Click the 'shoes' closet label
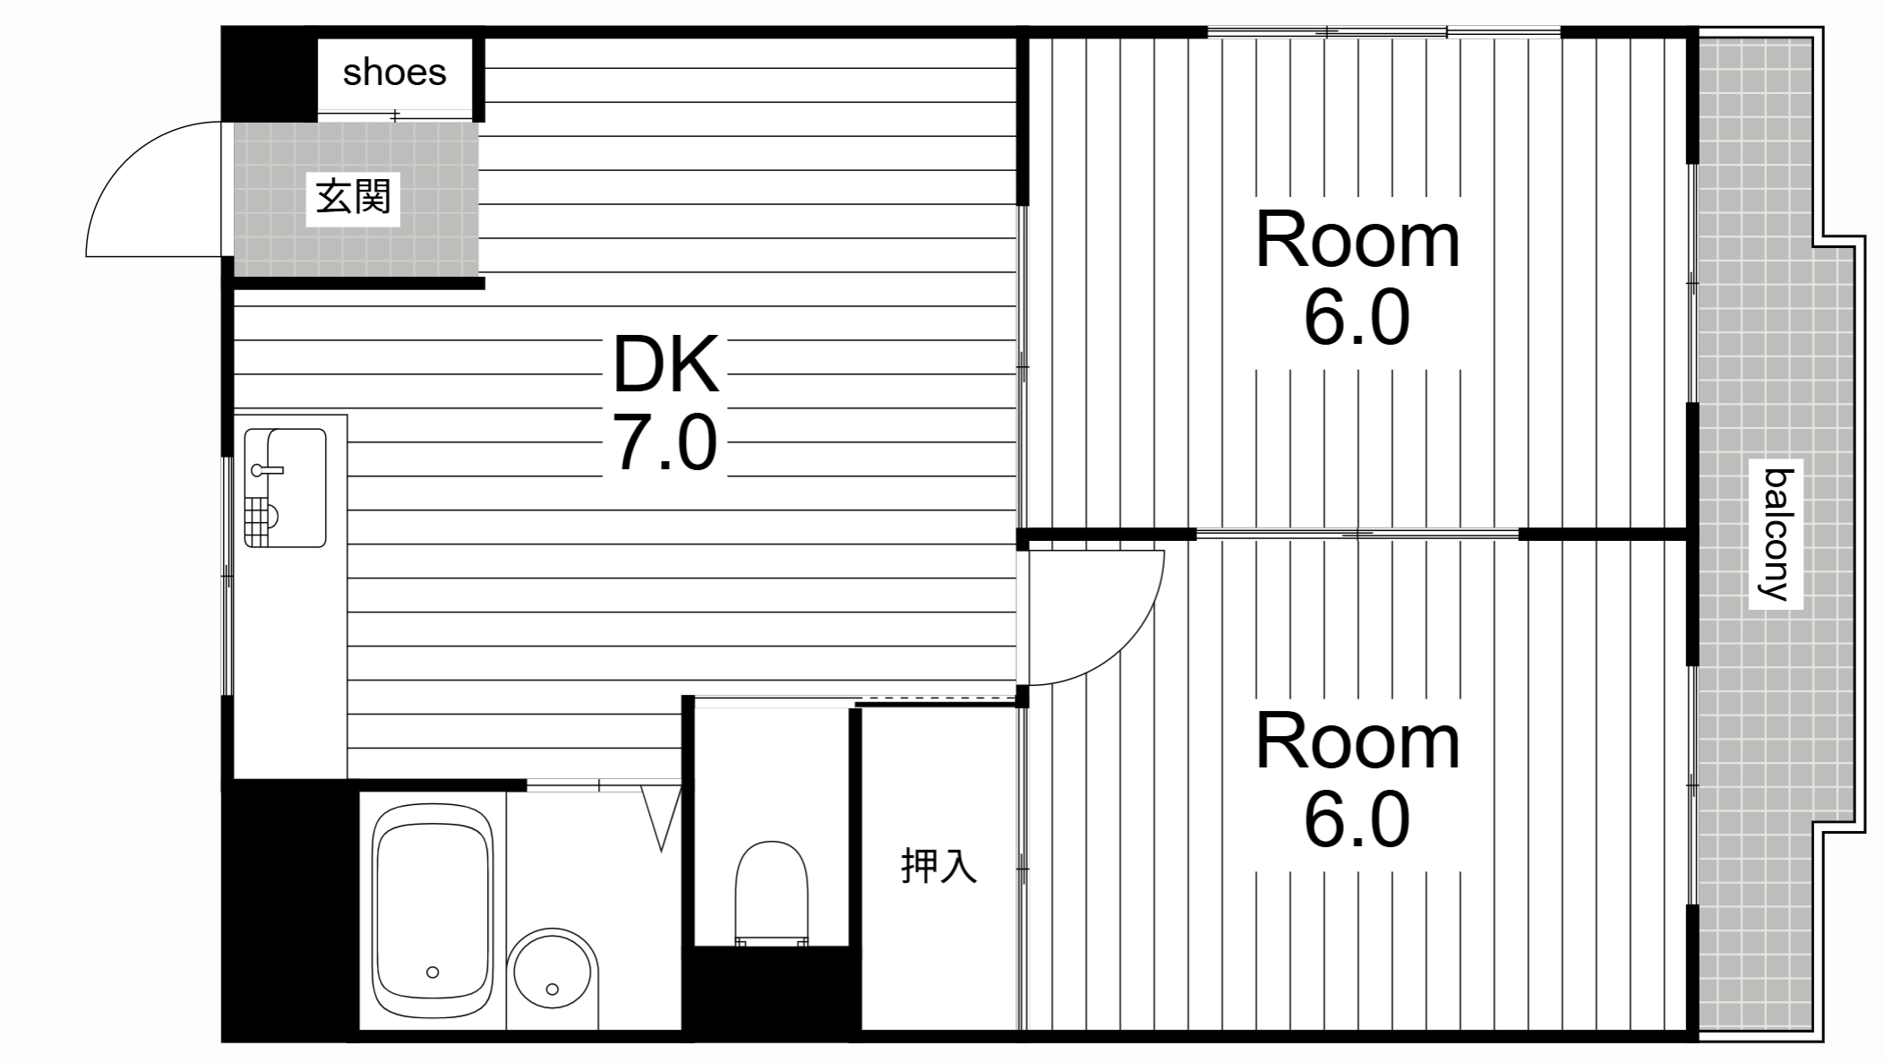(394, 73)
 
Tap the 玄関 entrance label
(353, 197)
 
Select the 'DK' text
(665, 364)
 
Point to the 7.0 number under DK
(665, 443)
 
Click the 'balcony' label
(1776, 535)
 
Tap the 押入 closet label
(938, 866)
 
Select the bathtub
(432, 910)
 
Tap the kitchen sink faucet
(266, 469)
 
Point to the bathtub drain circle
(432, 972)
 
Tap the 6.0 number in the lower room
(1357, 820)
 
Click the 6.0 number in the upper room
(1357, 319)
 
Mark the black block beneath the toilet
(771, 992)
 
